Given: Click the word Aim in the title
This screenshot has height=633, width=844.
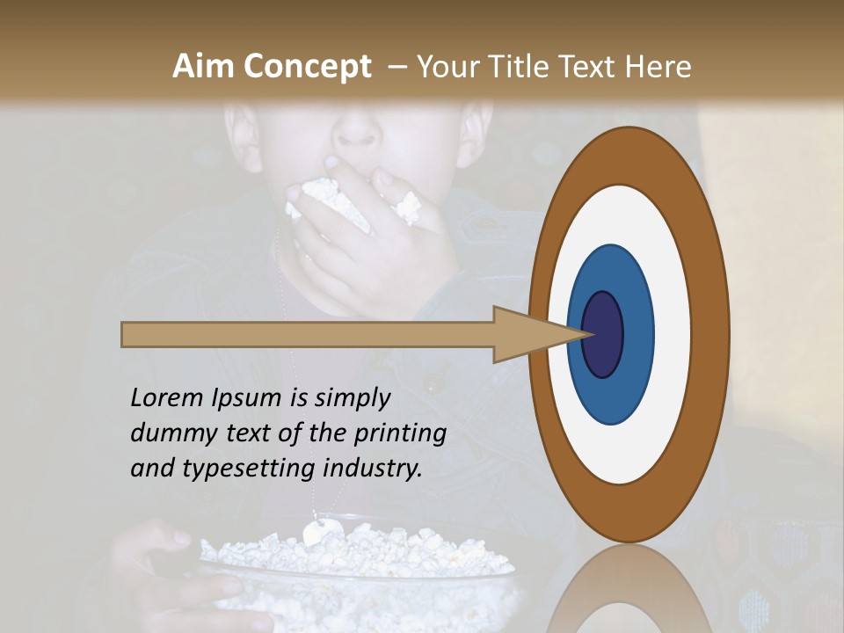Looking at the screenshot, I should click(203, 67).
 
